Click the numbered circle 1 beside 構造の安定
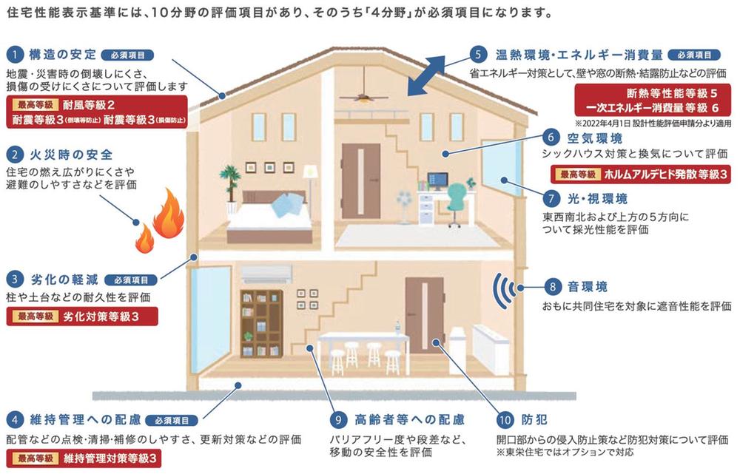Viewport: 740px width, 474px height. click(15, 55)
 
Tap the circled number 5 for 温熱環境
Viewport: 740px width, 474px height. click(478, 54)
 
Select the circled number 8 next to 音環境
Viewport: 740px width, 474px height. click(552, 286)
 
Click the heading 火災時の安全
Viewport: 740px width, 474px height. click(71, 155)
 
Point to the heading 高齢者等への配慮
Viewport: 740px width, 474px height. click(410, 419)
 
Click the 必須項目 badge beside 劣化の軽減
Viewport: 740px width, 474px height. click(131, 280)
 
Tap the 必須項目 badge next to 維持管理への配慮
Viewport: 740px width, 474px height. click(172, 420)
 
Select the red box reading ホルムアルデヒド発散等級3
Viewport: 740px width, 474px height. click(640, 175)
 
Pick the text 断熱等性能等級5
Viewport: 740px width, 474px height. click(672, 93)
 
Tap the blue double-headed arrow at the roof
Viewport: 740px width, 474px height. click(426, 75)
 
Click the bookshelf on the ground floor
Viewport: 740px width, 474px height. click(261, 324)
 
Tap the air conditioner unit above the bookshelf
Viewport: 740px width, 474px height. click(266, 274)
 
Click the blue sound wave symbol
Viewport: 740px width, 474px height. click(505, 289)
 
